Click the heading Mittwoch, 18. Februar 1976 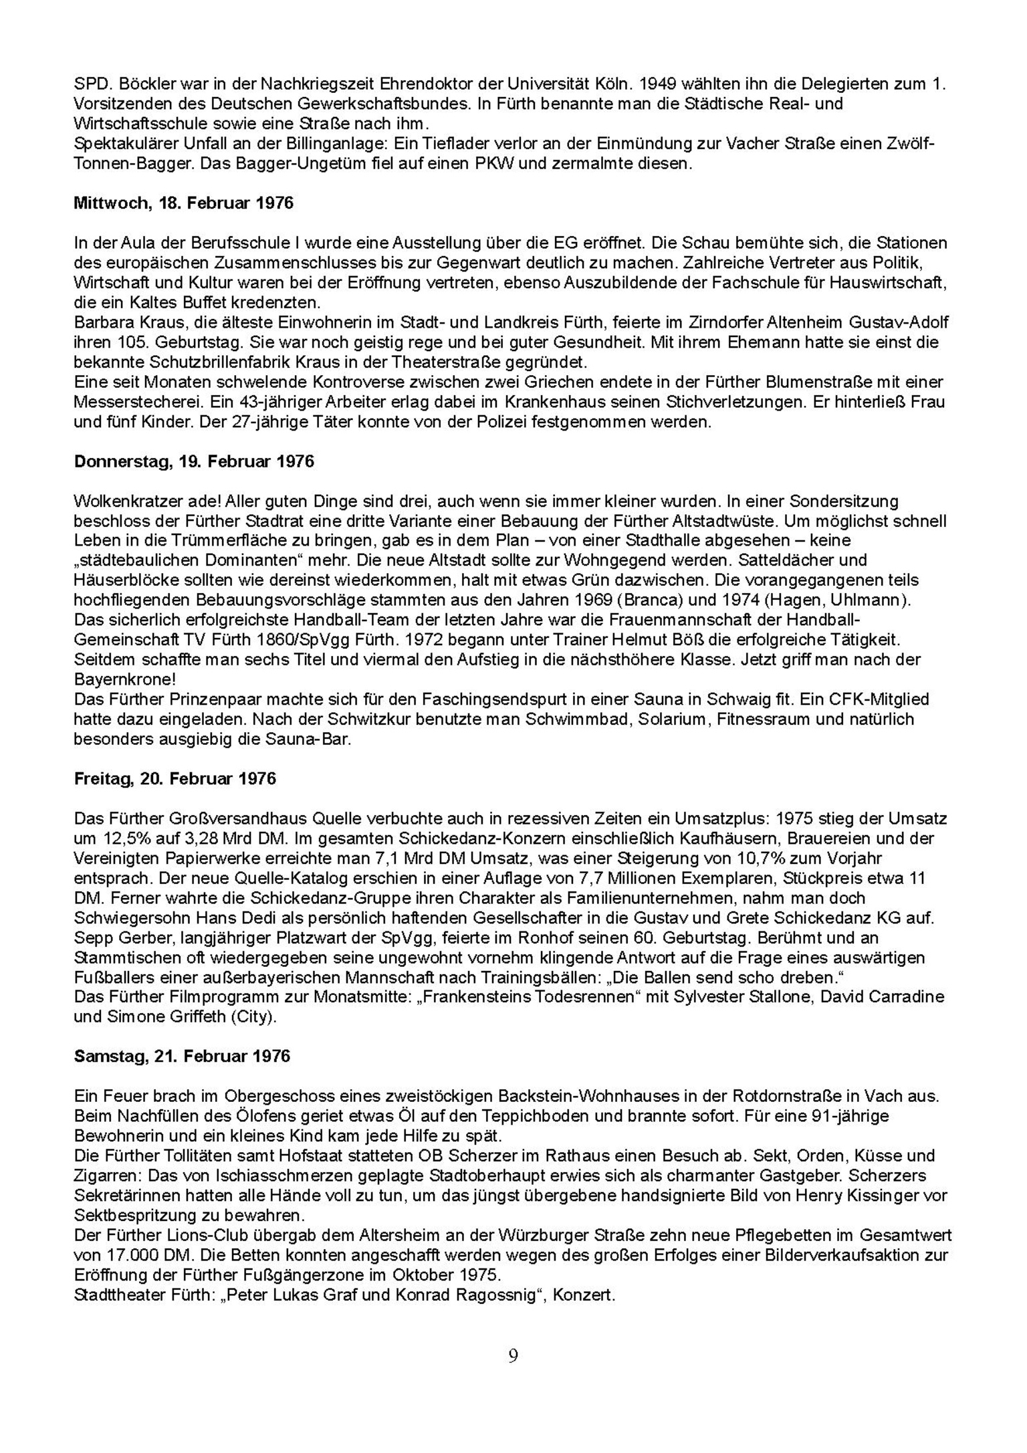click(183, 203)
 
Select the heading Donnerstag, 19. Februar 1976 click(194, 462)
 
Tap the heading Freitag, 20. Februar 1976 click(175, 779)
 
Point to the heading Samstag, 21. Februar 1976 click(182, 1056)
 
